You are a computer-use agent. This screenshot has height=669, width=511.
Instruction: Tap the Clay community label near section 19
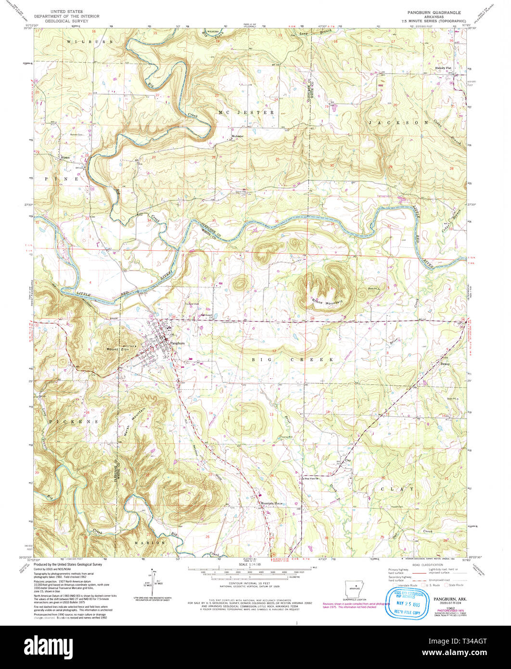coord(347,460)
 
